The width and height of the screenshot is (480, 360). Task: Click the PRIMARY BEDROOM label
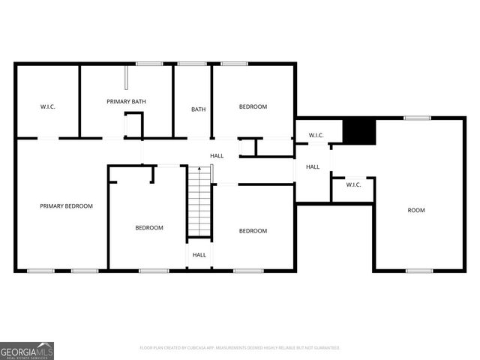(x=67, y=205)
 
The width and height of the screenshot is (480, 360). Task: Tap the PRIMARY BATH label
(x=126, y=101)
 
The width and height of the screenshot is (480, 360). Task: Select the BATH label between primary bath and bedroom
(x=198, y=109)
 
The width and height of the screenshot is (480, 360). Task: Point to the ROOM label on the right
(x=416, y=210)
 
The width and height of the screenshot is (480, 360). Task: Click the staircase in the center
(x=199, y=202)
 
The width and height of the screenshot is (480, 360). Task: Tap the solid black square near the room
(x=358, y=130)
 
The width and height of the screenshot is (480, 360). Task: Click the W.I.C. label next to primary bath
(x=48, y=106)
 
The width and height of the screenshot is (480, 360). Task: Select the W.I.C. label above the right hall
(x=316, y=135)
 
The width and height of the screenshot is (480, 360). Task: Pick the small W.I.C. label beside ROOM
(x=353, y=184)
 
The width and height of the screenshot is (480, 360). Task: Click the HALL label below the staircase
(x=199, y=255)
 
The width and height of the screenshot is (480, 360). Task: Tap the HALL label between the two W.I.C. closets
(x=313, y=166)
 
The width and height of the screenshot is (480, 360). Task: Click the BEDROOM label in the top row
(x=253, y=106)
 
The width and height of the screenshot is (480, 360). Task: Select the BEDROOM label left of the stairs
(x=149, y=227)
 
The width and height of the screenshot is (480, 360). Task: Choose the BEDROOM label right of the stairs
(x=253, y=230)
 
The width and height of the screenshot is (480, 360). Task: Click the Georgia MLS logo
(x=27, y=350)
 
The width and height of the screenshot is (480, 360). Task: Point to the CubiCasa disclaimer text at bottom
(x=240, y=348)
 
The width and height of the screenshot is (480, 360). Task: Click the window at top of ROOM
(x=417, y=118)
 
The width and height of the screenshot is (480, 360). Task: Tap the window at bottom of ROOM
(x=419, y=270)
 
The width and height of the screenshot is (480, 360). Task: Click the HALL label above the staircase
(x=217, y=155)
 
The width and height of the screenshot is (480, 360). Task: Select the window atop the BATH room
(x=192, y=64)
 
